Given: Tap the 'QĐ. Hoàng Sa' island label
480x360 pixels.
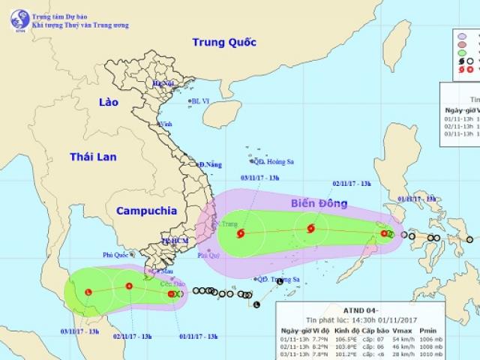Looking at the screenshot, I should coord(271,160).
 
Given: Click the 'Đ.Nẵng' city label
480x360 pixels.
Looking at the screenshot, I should coord(211,165).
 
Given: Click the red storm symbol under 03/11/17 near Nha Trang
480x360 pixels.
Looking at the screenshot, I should coord(240,233).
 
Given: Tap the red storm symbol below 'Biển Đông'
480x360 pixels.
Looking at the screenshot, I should coord(310,229).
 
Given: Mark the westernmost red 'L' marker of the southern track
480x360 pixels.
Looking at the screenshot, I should coord(88,292).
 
